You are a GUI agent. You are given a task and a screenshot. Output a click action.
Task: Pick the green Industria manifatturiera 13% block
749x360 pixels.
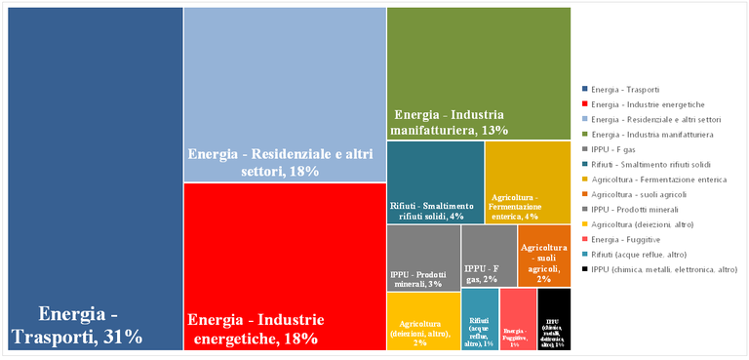[478, 73]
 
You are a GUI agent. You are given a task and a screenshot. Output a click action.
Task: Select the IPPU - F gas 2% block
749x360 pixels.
[489, 255]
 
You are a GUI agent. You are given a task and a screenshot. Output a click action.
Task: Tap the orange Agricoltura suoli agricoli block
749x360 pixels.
[544, 255]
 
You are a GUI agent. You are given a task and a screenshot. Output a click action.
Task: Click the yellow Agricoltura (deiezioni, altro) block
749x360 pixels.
[423, 320]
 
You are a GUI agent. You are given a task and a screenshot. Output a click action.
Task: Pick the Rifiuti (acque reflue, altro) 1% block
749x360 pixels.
[479, 319]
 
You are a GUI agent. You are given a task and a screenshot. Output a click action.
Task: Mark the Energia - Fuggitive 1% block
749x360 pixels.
[518, 319]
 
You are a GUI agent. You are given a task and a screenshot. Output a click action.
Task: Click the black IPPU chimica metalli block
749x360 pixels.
[554, 319]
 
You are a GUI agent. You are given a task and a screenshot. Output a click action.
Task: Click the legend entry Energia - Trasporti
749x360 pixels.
[635, 89]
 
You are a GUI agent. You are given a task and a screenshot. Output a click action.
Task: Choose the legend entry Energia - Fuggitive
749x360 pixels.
[634, 239]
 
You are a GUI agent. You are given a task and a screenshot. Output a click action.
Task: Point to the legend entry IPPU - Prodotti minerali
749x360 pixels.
[644, 209]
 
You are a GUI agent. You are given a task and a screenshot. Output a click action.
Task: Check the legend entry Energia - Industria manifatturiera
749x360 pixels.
[652, 134]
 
